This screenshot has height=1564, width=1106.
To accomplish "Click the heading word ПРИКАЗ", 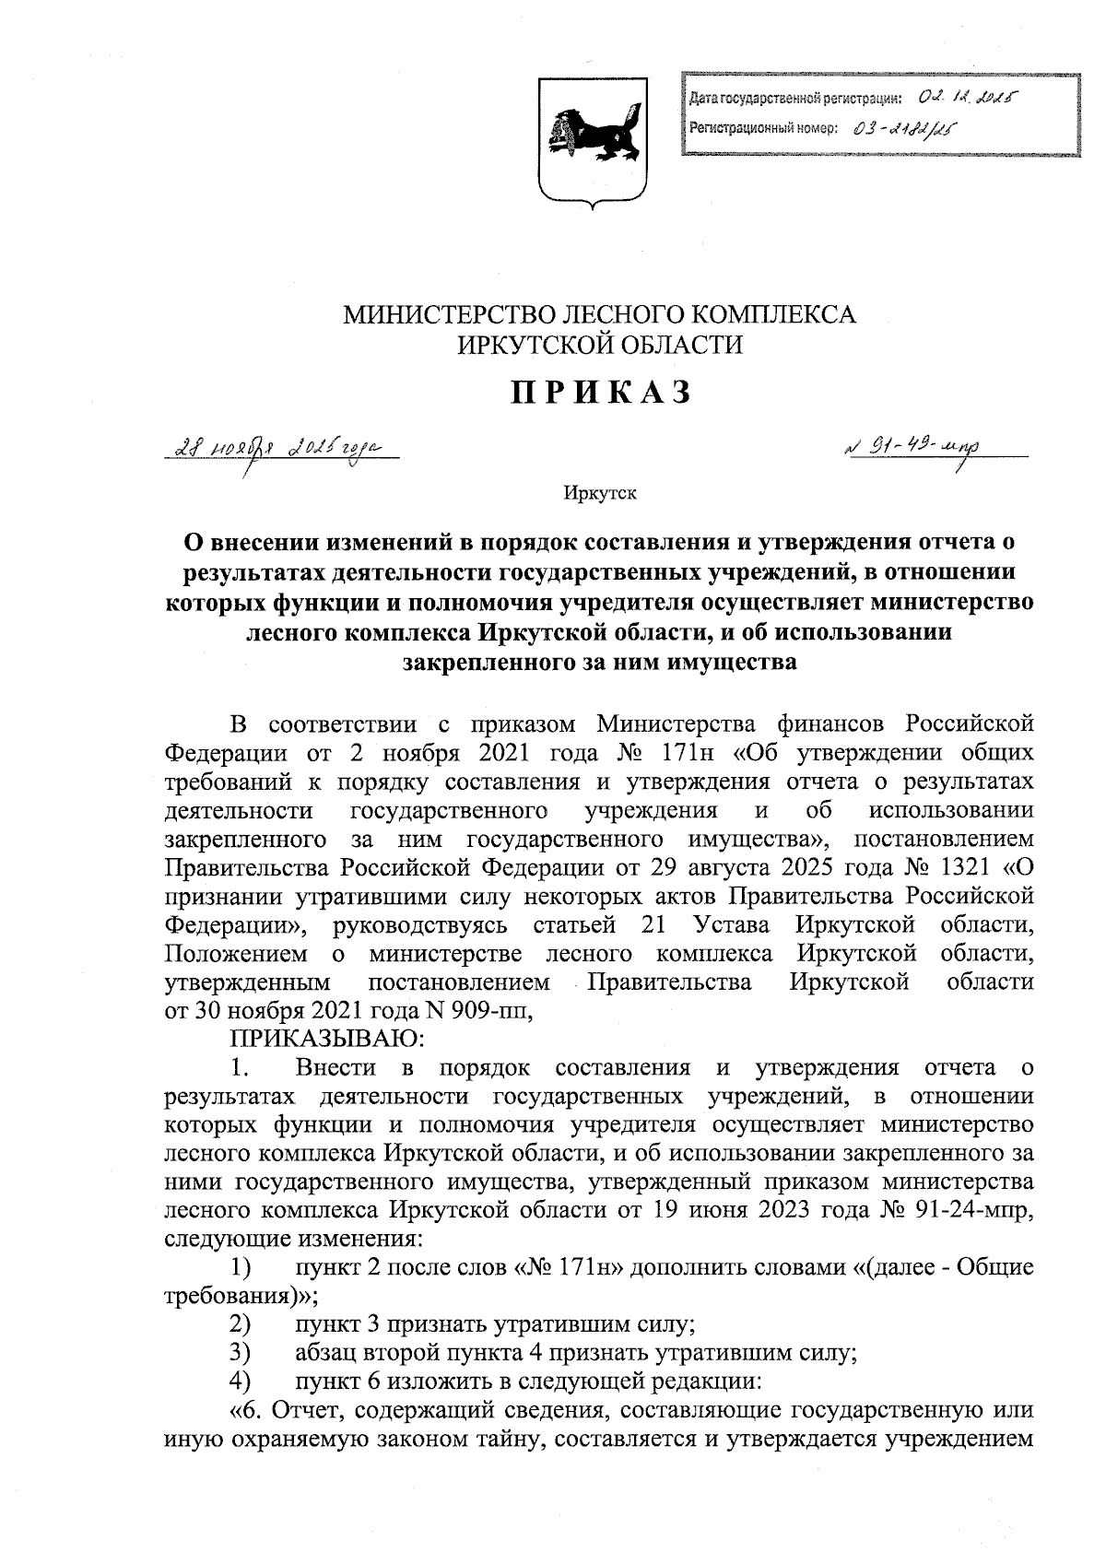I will coord(600,393).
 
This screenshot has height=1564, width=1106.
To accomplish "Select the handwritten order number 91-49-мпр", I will coord(912,449).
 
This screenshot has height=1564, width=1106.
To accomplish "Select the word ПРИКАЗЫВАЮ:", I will coord(326,1039).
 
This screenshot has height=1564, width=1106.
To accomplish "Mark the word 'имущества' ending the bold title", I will coord(728,661).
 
